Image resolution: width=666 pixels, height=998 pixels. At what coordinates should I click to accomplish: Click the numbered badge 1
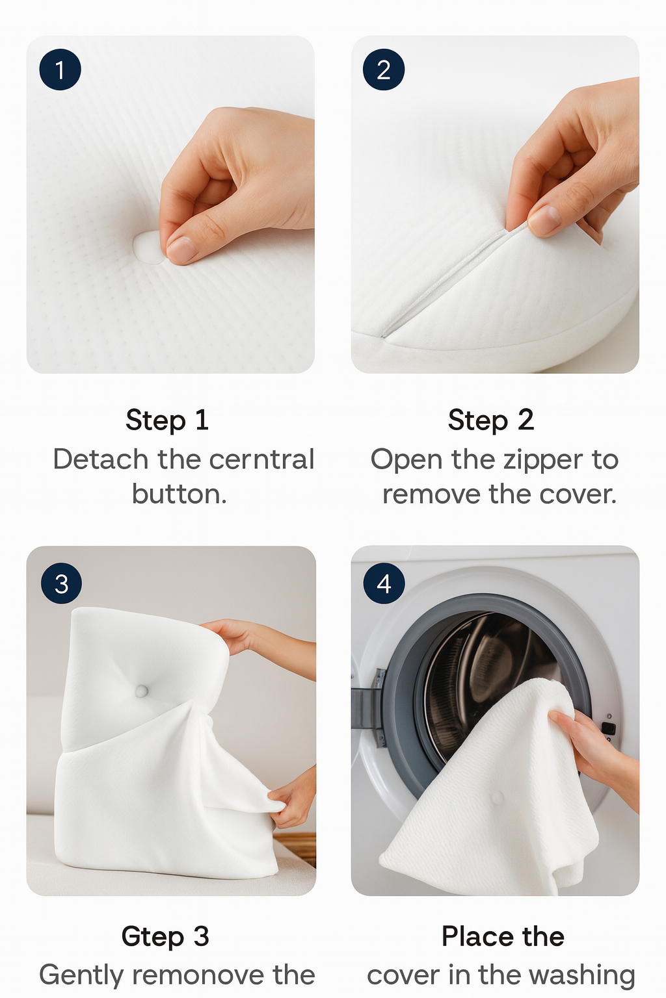point(60,70)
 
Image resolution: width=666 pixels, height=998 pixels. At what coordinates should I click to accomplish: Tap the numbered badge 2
point(384,70)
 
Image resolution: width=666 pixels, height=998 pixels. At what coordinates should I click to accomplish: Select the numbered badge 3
point(62,583)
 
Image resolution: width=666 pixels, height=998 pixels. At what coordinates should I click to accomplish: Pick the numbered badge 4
point(384,583)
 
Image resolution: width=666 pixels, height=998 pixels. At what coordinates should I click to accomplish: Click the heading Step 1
point(167,420)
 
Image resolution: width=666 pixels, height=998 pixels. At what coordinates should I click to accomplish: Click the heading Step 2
point(490,420)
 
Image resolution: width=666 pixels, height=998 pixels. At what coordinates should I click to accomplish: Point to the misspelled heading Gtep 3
point(165,936)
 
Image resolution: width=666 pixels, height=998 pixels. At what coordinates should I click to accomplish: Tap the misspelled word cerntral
point(262,459)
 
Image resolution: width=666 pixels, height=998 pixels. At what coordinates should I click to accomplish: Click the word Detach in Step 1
point(101,459)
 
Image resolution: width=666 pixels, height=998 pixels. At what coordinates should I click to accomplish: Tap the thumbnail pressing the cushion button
point(170,205)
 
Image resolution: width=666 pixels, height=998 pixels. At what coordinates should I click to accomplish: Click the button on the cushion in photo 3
point(141,691)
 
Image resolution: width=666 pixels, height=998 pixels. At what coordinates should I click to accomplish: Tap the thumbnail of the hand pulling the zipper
point(495,205)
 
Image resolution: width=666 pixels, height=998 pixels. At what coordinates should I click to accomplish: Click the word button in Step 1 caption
point(180,494)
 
